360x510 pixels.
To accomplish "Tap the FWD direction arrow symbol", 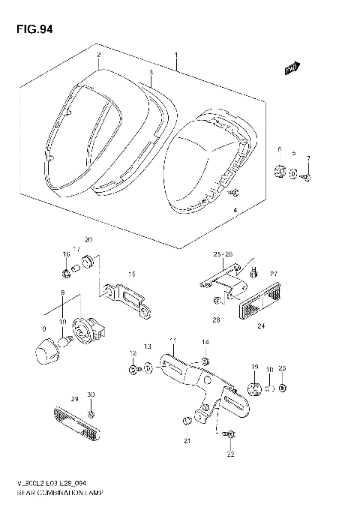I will point(292,69).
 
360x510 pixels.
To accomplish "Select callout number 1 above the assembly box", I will point(176,55).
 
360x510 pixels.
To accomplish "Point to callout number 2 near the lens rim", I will point(98,55).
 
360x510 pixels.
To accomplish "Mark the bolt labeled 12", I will point(133,370).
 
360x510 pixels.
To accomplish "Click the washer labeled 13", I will point(148,367).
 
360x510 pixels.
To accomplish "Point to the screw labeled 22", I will point(229,433).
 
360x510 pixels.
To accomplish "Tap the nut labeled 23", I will point(282,388).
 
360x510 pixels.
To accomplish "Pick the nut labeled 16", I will point(66,271).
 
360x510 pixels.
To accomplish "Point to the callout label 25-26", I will point(223,254).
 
